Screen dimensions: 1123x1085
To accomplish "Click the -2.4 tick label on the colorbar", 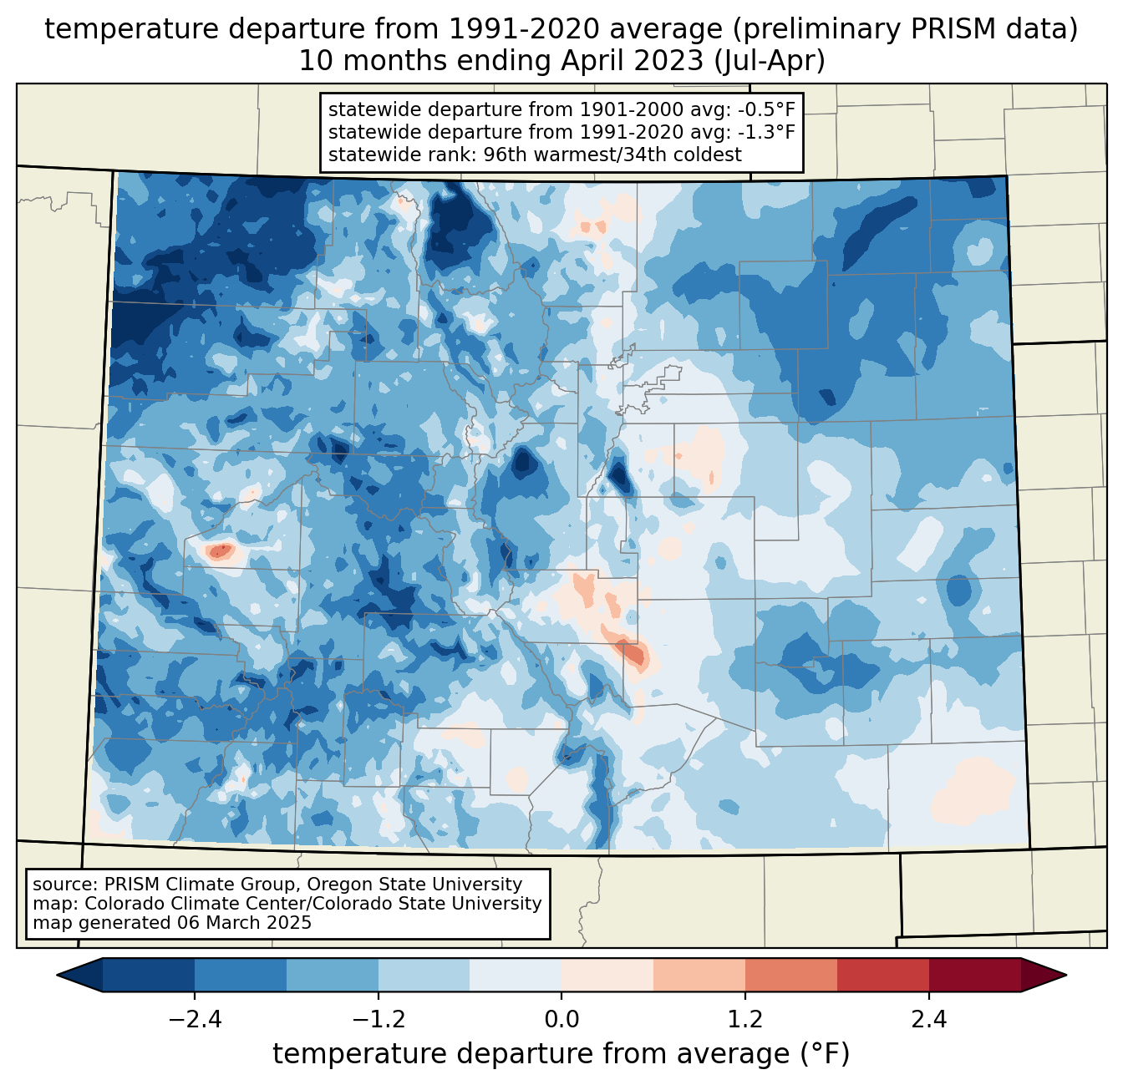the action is [195, 1019].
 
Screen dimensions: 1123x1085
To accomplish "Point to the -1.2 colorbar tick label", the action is [379, 1019].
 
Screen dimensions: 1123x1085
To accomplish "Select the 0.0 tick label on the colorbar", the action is [561, 1019].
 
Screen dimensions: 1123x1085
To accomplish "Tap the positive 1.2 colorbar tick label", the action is [745, 1019].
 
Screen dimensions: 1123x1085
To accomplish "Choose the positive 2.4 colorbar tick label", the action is [929, 1019].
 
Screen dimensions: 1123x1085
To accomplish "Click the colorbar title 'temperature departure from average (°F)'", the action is [561, 1053].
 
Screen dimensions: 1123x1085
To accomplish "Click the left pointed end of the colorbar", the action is [58, 976].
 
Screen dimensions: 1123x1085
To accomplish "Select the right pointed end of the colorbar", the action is [1065, 976].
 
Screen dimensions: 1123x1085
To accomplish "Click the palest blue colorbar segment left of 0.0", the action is [516, 976].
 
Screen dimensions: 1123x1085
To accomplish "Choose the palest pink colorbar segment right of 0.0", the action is [607, 976].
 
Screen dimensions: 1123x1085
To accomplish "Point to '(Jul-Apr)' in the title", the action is [770, 61].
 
